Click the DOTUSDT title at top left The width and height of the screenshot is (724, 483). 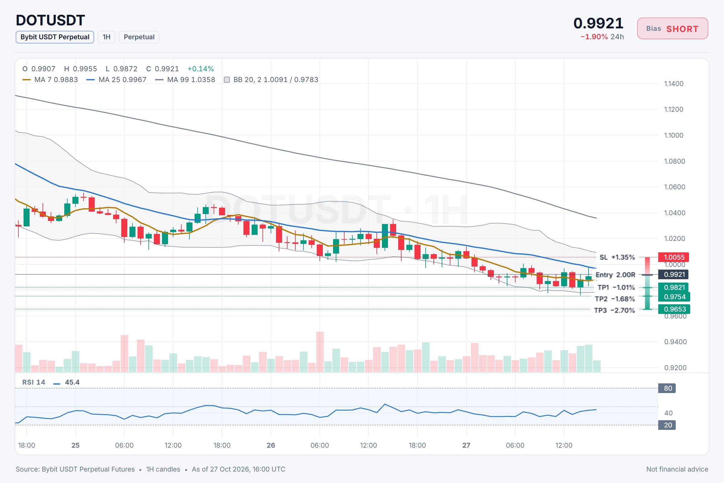click(50, 20)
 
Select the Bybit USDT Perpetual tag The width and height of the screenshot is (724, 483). click(55, 37)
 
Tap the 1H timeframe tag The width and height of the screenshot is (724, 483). click(106, 37)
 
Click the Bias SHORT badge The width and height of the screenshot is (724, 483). click(672, 29)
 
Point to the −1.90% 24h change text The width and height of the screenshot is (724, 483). click(602, 37)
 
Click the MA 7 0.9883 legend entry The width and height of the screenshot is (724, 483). click(50, 79)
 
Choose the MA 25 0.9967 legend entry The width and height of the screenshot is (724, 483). click(116, 79)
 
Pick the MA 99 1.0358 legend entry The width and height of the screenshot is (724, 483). click(185, 79)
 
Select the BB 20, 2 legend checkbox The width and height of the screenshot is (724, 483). click(227, 80)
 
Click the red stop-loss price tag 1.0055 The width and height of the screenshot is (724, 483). click(674, 257)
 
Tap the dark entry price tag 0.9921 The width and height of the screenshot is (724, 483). click(674, 274)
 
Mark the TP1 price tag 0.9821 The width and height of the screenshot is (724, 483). click(674, 287)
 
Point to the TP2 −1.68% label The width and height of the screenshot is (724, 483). click(615, 299)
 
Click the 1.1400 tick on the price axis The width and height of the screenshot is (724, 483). click(674, 84)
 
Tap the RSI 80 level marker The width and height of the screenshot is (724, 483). click(667, 388)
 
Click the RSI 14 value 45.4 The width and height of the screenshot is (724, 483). click(72, 382)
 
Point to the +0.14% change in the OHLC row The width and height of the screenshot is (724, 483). click(201, 69)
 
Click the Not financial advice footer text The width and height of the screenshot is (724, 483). click(677, 469)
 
